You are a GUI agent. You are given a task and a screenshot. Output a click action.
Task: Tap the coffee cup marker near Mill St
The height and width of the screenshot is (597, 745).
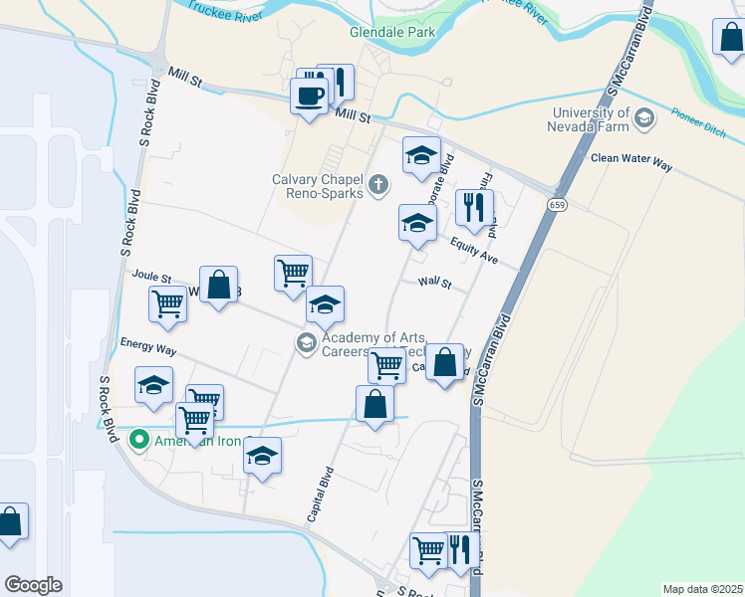[x=309, y=98]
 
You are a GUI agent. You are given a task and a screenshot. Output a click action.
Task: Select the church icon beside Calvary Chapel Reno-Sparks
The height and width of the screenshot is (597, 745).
[x=378, y=184]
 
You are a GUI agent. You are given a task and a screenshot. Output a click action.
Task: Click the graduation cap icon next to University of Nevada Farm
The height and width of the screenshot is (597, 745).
[x=644, y=119]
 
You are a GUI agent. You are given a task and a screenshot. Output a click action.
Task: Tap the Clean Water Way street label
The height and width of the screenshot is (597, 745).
[x=630, y=158]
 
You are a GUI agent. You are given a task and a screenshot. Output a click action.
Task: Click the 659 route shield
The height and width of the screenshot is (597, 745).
[x=557, y=204]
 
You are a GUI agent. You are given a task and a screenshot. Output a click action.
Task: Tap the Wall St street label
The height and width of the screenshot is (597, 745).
[x=435, y=283]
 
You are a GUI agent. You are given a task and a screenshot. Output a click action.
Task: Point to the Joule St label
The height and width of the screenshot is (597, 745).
[x=152, y=278]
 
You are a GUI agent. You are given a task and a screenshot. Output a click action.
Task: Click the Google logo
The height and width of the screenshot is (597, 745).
[x=33, y=585]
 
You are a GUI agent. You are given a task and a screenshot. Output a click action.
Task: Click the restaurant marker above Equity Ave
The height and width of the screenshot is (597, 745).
[x=474, y=209]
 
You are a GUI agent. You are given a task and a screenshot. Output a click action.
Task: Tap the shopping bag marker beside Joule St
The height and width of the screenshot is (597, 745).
[x=218, y=287]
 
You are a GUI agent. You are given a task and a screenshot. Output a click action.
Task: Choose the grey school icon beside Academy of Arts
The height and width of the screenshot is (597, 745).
[x=306, y=343]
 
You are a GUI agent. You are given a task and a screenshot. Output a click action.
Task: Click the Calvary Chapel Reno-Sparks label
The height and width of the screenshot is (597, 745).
[x=317, y=185]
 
